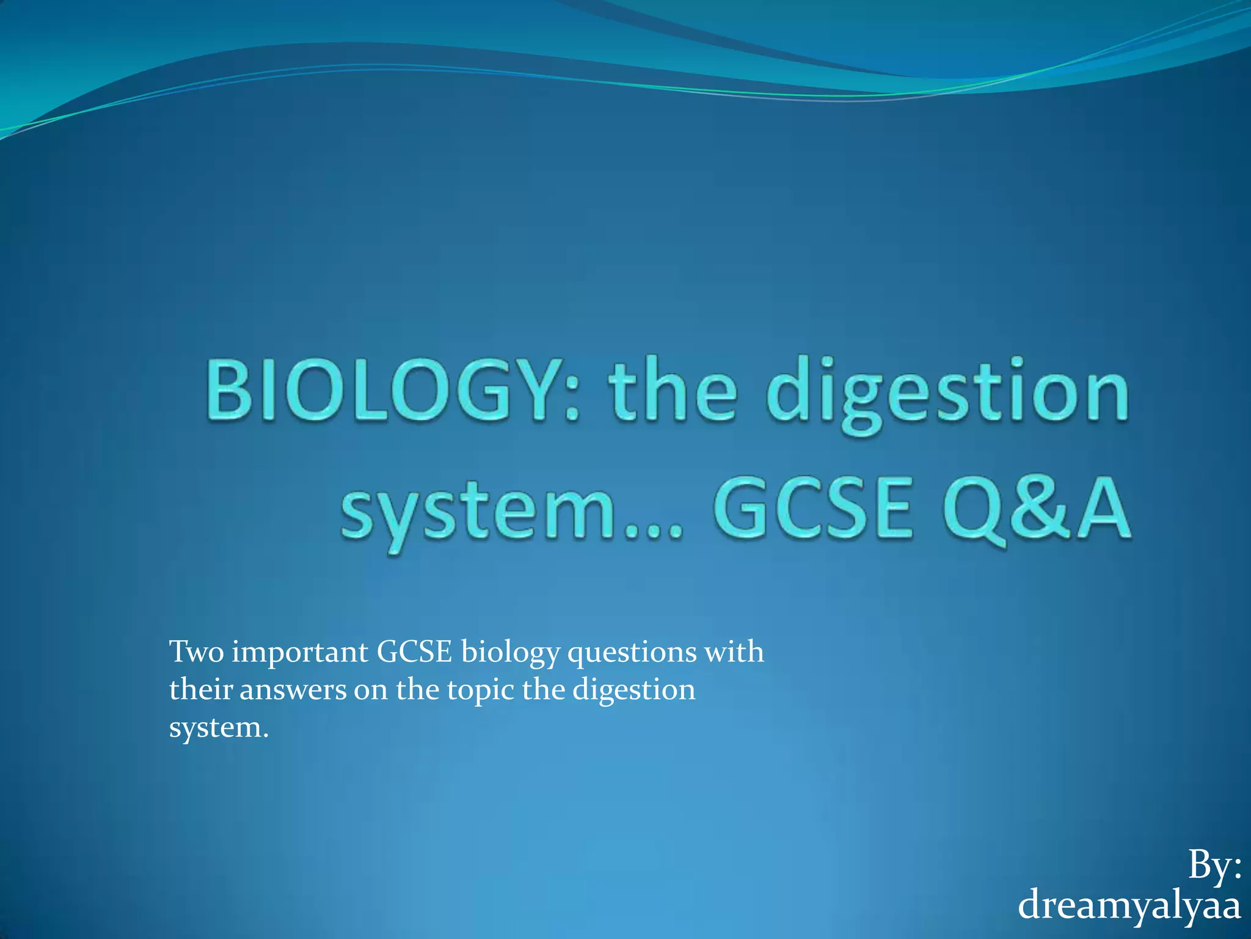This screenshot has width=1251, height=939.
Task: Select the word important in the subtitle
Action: pos(300,653)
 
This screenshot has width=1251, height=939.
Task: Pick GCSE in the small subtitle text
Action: pos(414,652)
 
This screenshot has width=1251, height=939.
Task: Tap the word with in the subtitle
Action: pos(734,652)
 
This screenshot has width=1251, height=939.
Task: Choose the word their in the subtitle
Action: pos(200,690)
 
